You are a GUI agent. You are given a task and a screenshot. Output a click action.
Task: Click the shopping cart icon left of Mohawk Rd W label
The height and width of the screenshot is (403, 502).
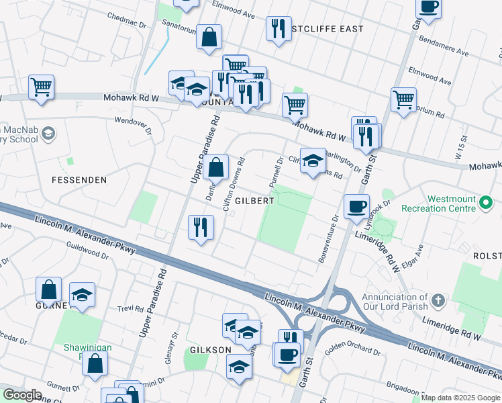coord(41,87)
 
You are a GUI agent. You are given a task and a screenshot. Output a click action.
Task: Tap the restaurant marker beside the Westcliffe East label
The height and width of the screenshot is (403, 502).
coord(279,29)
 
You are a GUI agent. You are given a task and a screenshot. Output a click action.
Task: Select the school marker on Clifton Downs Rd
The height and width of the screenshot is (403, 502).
coord(313,161)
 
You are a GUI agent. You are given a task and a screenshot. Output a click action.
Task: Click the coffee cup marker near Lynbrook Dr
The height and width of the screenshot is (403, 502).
coord(356,206)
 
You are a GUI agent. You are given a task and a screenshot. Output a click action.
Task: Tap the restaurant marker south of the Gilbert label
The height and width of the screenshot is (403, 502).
coord(201,228)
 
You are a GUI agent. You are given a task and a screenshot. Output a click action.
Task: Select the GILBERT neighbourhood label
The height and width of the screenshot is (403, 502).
coord(254,201)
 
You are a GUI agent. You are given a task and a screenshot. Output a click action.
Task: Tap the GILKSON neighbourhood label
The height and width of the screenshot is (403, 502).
coord(210,350)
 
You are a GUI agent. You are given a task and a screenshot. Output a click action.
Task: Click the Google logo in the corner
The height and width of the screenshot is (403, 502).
coord(22,395)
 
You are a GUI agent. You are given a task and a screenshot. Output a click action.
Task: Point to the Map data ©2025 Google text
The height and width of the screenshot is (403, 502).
coord(460,398)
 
